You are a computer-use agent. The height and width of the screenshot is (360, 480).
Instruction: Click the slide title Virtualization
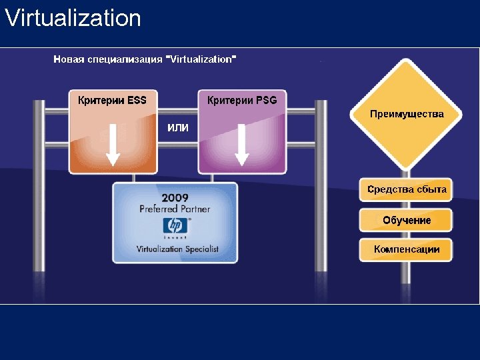pyautogui.click(x=73, y=18)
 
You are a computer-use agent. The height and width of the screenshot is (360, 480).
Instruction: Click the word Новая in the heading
pyautogui.click(x=69, y=59)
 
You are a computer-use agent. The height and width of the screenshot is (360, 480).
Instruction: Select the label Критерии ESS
pyautogui.click(x=112, y=101)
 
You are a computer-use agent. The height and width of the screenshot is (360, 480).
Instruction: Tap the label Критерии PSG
pyautogui.click(x=242, y=101)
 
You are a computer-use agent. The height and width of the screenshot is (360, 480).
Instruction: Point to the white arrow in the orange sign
pyautogui.click(x=113, y=143)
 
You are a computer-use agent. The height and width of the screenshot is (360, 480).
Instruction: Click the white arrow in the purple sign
pyautogui.click(x=242, y=143)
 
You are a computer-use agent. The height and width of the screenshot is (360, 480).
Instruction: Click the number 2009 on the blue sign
pyautogui.click(x=175, y=198)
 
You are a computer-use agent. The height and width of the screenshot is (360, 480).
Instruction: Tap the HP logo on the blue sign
pyautogui.click(x=175, y=226)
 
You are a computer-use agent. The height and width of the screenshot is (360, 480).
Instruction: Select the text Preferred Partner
pyautogui.click(x=175, y=209)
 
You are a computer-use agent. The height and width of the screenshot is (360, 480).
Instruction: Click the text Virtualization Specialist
pyautogui.click(x=177, y=249)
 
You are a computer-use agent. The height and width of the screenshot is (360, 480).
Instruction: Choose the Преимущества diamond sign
pyautogui.click(x=407, y=114)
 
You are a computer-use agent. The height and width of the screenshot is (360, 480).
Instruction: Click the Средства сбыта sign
pyautogui.click(x=407, y=190)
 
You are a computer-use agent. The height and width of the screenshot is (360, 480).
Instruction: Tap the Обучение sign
pyautogui.click(x=407, y=220)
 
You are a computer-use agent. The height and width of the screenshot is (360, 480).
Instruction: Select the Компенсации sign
pyautogui.click(x=407, y=249)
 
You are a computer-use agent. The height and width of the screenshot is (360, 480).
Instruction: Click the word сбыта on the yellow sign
pyautogui.click(x=431, y=190)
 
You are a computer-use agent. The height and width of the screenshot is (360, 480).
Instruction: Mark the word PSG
pyautogui.click(x=265, y=101)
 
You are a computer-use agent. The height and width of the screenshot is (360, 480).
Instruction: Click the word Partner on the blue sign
pyautogui.click(x=193, y=209)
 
